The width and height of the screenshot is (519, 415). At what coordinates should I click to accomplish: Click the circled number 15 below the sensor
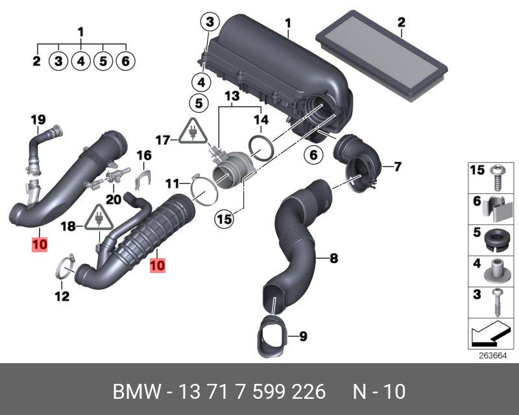[x=224, y=220]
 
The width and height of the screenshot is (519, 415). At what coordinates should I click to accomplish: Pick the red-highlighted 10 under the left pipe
[x=40, y=244]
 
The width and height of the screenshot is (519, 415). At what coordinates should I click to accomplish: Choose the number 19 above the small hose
[x=39, y=119]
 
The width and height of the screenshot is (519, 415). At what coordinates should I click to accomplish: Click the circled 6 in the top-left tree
[x=125, y=62]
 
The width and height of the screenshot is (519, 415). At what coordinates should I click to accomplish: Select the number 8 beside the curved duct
[x=333, y=259]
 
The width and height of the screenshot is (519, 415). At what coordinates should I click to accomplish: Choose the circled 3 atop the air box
[x=209, y=23]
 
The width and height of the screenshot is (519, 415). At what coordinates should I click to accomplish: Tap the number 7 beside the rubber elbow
[x=397, y=167]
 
